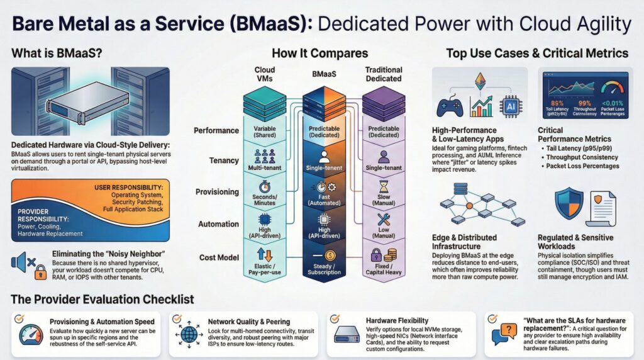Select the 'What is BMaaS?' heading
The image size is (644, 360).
pos(50,53)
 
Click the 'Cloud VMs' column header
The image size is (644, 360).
pos(265,74)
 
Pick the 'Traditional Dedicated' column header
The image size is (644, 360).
pos(384,74)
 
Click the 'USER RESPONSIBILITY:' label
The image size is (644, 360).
pos(130,188)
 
